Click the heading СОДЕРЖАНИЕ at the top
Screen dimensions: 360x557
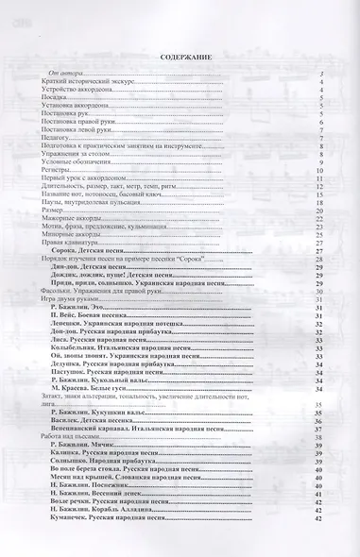pos(179,57)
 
